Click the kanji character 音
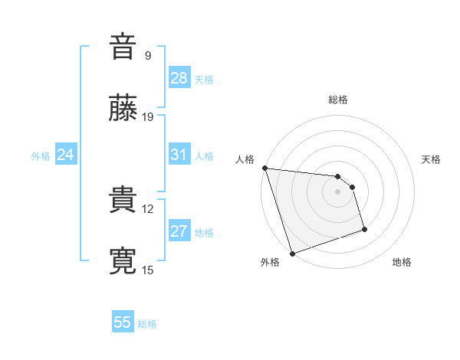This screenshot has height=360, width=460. point(123,47)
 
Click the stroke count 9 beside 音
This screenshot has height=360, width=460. point(147,55)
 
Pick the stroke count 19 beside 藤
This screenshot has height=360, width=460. point(148,116)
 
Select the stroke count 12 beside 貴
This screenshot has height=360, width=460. point(148,208)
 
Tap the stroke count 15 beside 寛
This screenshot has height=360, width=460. point(148,270)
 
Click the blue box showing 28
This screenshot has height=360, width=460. point(179,78)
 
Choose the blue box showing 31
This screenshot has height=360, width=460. point(179,155)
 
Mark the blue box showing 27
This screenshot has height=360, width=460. point(179,231)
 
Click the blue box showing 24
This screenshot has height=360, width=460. point(66,155)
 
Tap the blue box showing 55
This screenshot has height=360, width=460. point(123,322)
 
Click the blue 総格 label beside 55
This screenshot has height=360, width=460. point(147,324)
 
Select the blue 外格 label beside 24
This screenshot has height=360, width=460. point(41,156)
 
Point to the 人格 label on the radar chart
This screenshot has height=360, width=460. point(245,159)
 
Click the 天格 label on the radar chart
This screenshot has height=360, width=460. point(432,159)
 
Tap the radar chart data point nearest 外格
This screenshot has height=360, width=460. point(292,253)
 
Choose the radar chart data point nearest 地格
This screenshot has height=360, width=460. point(364,229)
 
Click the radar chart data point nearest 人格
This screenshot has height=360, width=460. point(264,168)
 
